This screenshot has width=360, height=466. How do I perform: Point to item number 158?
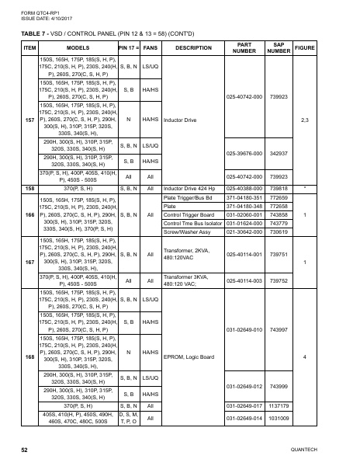29,188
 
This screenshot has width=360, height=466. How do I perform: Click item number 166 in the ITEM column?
29,214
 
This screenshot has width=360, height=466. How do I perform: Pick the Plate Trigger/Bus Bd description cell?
186,197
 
